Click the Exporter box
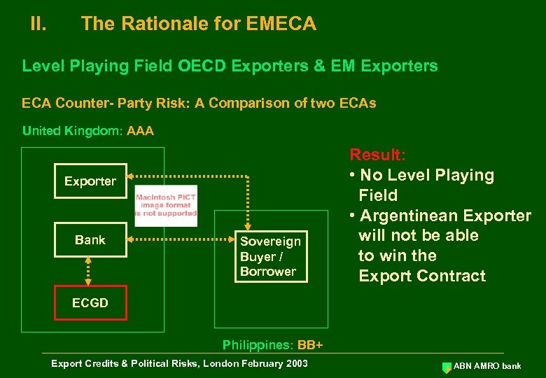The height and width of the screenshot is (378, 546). click(90, 181)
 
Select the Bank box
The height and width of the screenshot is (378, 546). click(90, 240)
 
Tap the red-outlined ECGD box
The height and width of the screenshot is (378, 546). click(90, 303)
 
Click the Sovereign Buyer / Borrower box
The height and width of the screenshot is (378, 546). click(270, 256)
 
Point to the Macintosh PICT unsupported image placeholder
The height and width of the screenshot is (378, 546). click(166, 205)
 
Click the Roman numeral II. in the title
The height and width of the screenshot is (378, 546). click(38, 24)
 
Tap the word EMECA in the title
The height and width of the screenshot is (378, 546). click(281, 24)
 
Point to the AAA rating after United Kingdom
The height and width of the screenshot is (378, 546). click(141, 131)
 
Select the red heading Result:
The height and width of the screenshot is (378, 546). click(377, 155)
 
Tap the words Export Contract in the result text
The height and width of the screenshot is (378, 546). click(422, 276)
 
